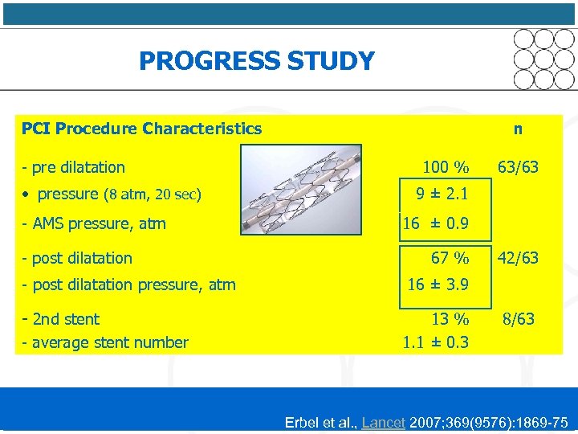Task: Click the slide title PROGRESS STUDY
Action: click(x=256, y=61)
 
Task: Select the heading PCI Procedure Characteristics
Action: click(x=141, y=129)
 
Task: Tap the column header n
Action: click(x=519, y=129)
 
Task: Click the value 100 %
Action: click(x=446, y=168)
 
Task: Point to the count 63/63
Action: click(x=518, y=168)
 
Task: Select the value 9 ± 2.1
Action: click(x=441, y=194)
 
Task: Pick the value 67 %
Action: click(x=450, y=258)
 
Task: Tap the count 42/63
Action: click(x=518, y=258)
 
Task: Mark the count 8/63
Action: click(x=518, y=319)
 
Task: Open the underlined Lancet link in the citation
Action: click(x=383, y=423)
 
